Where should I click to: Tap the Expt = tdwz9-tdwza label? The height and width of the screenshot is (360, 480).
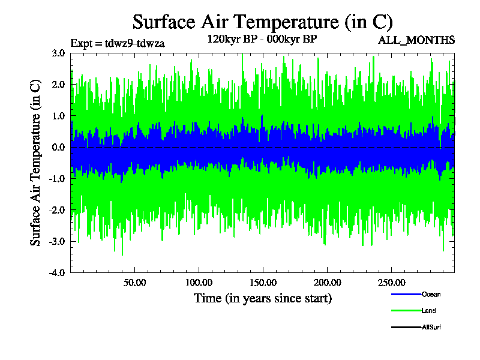point(118,43)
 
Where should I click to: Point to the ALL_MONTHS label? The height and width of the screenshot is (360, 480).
point(416,40)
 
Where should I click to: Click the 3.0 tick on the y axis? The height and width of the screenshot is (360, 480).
point(58,53)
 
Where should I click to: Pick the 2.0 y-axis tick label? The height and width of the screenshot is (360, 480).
point(58,85)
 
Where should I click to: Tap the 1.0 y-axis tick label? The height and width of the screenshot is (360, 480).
point(58,116)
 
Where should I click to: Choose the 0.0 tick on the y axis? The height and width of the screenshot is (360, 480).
point(58,147)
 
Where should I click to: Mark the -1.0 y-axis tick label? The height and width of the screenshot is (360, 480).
point(57,178)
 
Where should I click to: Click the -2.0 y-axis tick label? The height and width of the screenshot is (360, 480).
point(57,210)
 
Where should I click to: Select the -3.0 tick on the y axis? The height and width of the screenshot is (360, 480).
point(57,241)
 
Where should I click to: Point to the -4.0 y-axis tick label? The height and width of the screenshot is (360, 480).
point(57,272)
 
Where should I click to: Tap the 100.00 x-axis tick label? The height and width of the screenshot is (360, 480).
point(199,283)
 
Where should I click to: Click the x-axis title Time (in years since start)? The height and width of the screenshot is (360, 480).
point(262,298)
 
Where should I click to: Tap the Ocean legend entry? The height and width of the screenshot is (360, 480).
point(431,294)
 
